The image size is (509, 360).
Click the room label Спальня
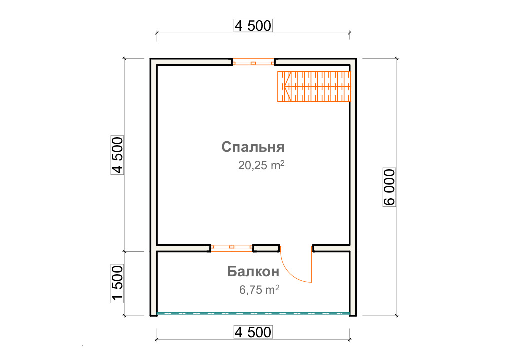[x=253, y=147]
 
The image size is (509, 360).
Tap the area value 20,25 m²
[x=261, y=165]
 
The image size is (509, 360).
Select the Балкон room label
[x=253, y=271]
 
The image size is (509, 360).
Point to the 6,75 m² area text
[x=259, y=289]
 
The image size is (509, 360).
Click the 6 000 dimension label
[x=389, y=187]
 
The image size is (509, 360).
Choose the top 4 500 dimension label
[x=253, y=26]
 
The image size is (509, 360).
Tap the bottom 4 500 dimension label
[x=253, y=332]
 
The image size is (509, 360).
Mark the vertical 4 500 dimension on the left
[x=117, y=155]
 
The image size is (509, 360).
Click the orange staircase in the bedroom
[x=314, y=86]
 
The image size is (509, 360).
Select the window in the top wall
[x=253, y=62]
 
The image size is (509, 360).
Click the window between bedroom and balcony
[x=232, y=248]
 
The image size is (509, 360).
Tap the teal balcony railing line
[x=253, y=314]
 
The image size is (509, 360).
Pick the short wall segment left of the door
[x=266, y=248]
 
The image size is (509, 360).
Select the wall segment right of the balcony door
[x=332, y=248]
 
